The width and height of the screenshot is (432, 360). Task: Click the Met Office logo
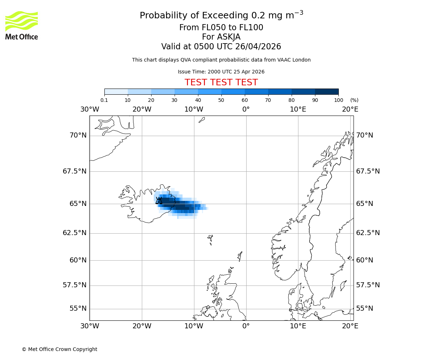coord(22,25)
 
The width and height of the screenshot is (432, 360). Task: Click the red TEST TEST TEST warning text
coord(221,82)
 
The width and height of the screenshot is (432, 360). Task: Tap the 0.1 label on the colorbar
coord(104,100)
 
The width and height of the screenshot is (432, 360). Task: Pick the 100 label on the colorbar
coord(338,100)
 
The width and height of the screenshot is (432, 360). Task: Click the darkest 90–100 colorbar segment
coord(327,91)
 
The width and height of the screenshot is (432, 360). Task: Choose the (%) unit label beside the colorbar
coord(354,100)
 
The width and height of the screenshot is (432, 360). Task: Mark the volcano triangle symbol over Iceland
coord(159,201)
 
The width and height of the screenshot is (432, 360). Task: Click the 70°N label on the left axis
coord(78,135)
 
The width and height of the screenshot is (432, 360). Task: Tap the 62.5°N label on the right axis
coord(368,233)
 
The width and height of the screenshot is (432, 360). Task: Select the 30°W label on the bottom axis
coord(90,326)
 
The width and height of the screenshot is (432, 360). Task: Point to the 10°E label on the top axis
coord(298,109)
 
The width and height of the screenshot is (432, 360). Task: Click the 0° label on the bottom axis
coord(246,326)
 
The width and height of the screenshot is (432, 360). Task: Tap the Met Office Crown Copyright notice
coord(59,349)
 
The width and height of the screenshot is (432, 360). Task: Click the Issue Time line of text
coord(221,72)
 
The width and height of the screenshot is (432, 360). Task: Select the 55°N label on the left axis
coord(78,309)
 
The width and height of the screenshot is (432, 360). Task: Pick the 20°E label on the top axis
coord(350,109)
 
